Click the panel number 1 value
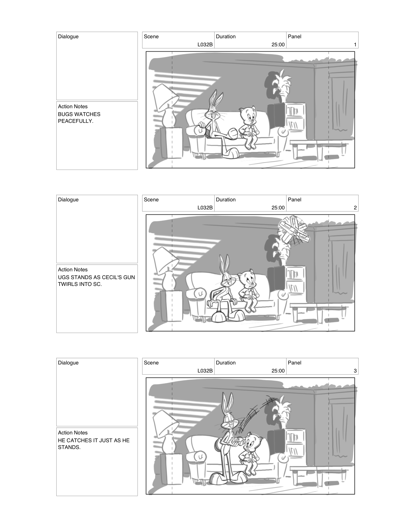click(355, 45)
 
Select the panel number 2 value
click(355, 208)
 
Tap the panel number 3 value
click(355, 371)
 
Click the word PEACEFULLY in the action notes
click(75, 121)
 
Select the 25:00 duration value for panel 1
click(278, 45)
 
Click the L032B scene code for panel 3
click(205, 371)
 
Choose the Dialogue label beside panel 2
click(68, 200)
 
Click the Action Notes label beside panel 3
click(73, 433)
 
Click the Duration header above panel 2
click(226, 200)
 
